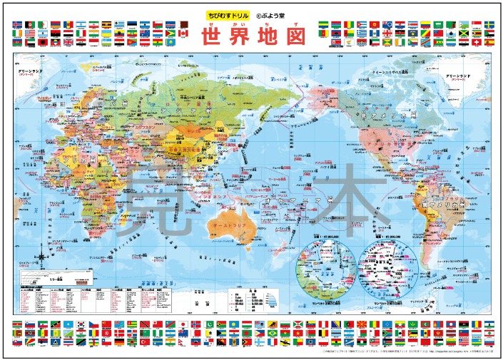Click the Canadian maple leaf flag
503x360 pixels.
[x=182, y=33]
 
